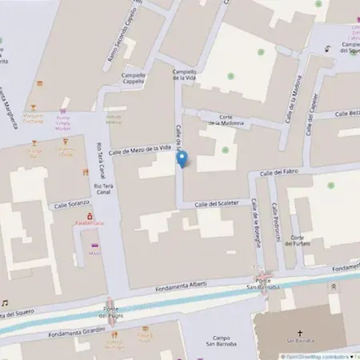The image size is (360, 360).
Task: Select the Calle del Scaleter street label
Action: coord(217,203)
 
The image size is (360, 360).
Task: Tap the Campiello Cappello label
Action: coord(133,78)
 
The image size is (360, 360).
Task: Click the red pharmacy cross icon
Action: coord(90,215)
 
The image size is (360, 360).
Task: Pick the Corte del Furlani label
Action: coord(301,242)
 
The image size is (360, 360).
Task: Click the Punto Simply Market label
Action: coord(62,124)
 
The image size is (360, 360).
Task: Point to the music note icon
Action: coord(5,303)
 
